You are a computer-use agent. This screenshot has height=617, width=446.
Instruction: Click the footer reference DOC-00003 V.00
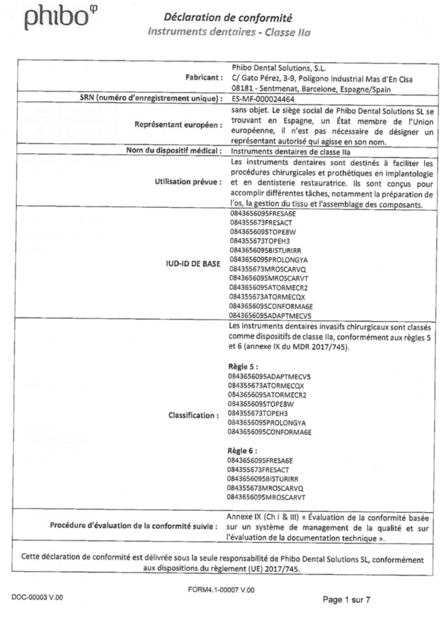[41, 597]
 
